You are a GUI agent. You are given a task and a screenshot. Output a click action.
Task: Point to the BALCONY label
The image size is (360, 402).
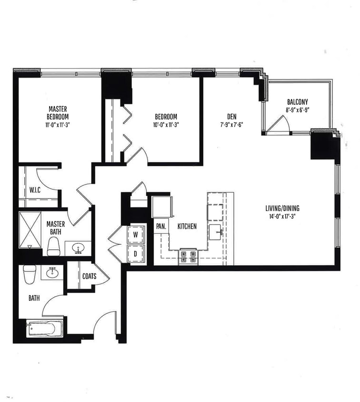click(x=298, y=102)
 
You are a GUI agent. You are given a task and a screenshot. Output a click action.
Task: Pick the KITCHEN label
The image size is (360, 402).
click(x=187, y=227)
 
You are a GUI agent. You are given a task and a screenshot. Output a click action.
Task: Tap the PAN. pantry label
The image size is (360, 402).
click(x=160, y=227)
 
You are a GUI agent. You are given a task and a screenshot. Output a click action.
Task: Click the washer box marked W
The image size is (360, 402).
click(x=135, y=235)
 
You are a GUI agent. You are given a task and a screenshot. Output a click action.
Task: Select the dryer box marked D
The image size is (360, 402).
click(x=135, y=253)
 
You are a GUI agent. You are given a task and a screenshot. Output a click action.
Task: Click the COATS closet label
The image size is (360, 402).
click(x=89, y=276)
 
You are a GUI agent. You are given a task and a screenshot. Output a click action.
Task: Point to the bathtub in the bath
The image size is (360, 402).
click(x=43, y=329)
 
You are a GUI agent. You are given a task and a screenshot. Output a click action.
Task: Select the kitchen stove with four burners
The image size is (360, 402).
click(x=188, y=257)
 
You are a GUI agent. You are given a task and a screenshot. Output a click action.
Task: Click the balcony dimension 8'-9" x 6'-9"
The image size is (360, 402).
click(x=298, y=110)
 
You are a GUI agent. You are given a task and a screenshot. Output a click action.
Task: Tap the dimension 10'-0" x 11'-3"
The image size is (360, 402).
click(x=166, y=124)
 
